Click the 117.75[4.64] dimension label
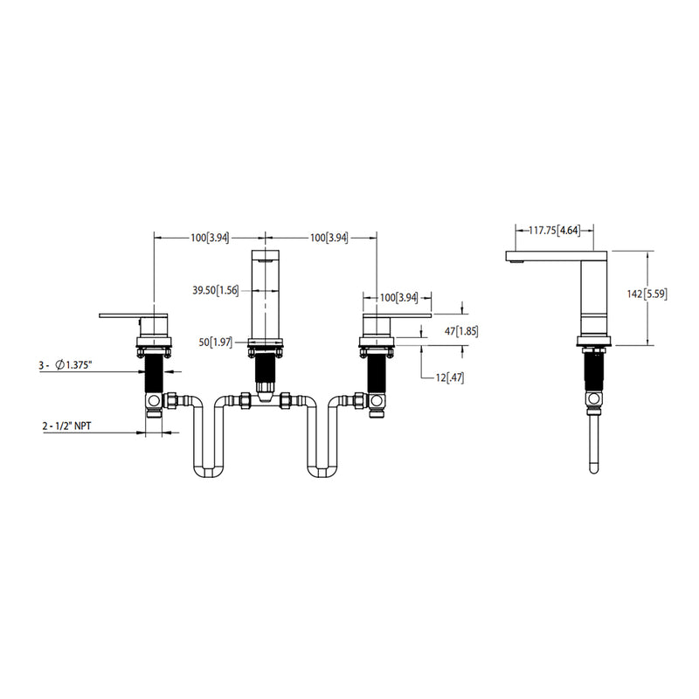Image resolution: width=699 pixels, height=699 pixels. point(555,231)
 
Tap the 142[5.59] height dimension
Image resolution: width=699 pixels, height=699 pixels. point(647,294)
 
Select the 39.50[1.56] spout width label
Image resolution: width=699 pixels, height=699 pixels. point(215,290)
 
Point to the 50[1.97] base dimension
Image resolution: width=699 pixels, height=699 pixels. point(215,342)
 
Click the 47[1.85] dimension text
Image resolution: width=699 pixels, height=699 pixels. point(461,331)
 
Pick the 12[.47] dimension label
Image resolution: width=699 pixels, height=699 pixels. point(450,377)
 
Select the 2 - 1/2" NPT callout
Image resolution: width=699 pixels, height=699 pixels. point(67,426)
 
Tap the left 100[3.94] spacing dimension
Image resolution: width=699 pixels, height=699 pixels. point(210,238)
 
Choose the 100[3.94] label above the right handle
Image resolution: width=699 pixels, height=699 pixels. point(399,297)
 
